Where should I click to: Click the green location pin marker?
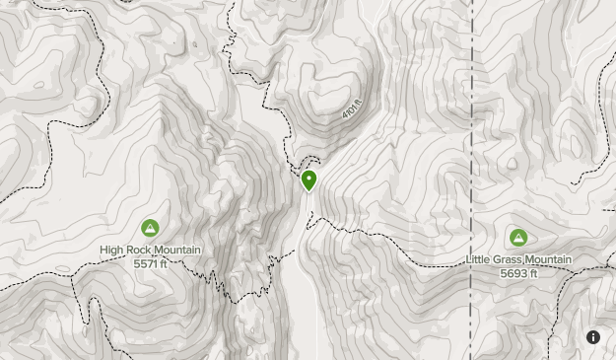click(309, 180)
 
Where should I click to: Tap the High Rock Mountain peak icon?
click(150, 228)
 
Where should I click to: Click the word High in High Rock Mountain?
click(112, 251)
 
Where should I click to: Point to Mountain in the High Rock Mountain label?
click(178, 251)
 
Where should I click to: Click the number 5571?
click(143, 263)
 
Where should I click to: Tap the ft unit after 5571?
click(165, 263)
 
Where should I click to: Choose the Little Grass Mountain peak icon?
click(518, 237)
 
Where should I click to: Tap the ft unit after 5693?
click(533, 272)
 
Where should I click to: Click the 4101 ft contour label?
click(352, 109)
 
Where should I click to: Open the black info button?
click(593, 337)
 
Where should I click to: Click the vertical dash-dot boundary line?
click(472, 148)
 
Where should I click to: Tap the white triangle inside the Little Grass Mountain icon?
click(518, 237)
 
